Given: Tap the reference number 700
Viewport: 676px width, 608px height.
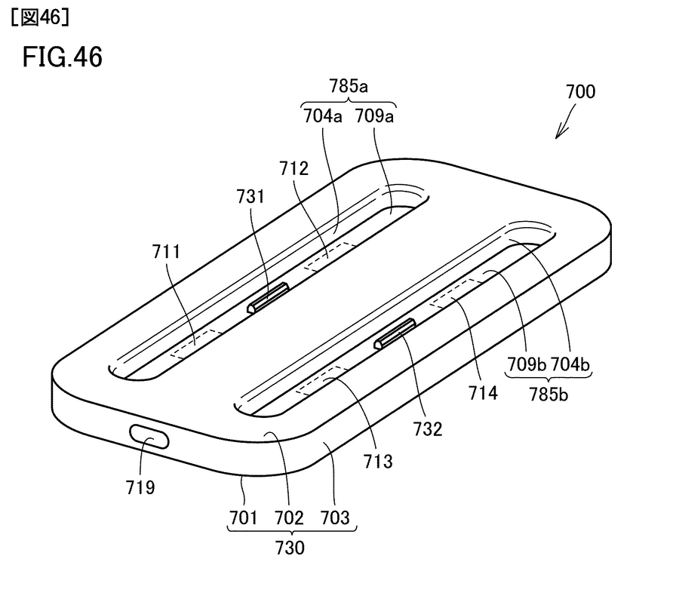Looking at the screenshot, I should coord(579,92).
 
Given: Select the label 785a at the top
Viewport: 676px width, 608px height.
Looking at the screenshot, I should coord(349,86).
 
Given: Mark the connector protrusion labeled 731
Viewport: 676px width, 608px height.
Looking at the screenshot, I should coord(269,297).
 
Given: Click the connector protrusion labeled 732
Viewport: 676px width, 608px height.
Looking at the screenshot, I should coord(395,333).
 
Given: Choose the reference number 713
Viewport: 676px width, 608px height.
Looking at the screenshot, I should coord(377,460).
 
